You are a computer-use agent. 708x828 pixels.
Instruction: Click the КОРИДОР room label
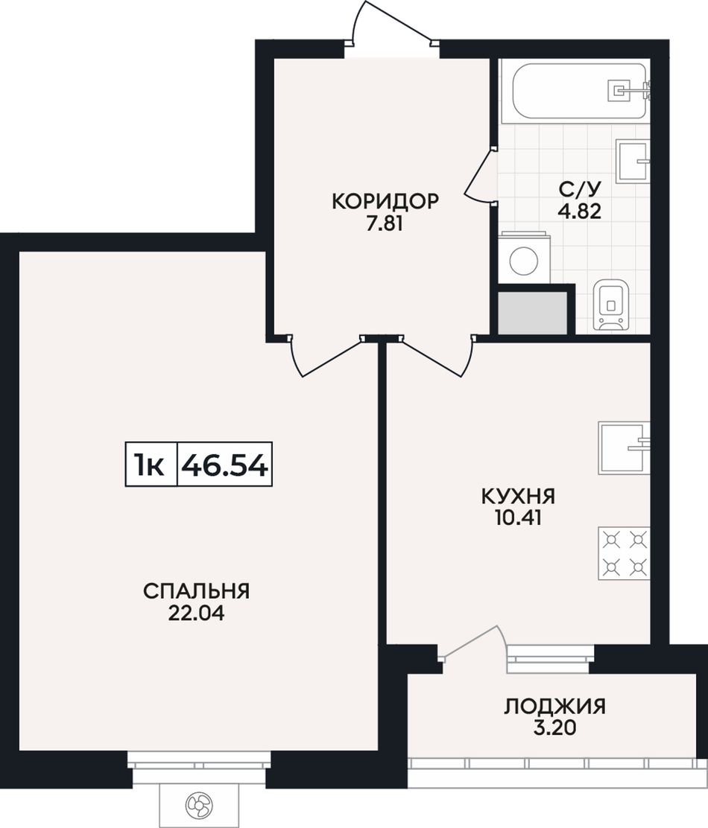coord(385,202)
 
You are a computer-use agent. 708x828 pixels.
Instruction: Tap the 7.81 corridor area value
coord(385,224)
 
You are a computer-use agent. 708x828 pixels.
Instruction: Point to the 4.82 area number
coord(580,211)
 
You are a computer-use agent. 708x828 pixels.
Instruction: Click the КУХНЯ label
coord(518,497)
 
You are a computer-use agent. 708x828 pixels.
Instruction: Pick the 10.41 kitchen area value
coord(518,518)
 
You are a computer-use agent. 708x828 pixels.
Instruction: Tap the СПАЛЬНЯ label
coord(196,591)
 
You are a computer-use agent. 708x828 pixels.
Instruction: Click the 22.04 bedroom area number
coord(196,613)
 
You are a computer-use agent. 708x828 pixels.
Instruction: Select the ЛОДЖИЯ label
coord(554,706)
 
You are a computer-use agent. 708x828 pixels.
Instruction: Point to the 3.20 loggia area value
coord(554,728)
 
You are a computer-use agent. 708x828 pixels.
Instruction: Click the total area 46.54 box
coord(224,464)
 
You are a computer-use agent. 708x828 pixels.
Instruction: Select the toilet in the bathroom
coord(611,305)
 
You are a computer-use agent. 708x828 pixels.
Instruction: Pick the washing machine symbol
coord(524,258)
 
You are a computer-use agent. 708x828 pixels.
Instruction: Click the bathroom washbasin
coord(633,161)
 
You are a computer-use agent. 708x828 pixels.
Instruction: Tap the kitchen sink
coord(624,448)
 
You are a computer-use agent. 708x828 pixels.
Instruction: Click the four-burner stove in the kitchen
coord(624,553)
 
